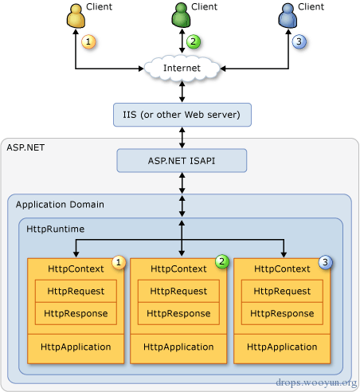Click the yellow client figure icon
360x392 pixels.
[x=76, y=16]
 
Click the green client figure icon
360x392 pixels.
[x=181, y=15]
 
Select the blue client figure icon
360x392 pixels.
[x=288, y=16]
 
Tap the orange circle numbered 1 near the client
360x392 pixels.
[x=88, y=41]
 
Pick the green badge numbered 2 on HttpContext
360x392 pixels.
[x=222, y=261]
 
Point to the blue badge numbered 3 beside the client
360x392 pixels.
[x=299, y=41]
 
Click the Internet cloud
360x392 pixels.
[x=182, y=68]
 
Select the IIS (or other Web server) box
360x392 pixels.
[x=182, y=115]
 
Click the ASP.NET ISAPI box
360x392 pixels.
[x=182, y=161]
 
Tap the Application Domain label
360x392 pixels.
[x=60, y=205]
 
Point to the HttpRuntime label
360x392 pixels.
[x=56, y=229]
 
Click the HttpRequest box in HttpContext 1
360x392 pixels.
[x=76, y=291]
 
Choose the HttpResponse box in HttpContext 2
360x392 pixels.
[x=178, y=313]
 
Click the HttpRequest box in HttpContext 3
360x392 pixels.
[x=282, y=291]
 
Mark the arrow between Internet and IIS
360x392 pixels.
[x=182, y=92]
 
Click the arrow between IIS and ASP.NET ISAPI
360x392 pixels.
[x=182, y=138]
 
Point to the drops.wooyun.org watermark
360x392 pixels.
[x=316, y=382]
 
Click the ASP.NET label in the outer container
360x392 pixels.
[x=25, y=147]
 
